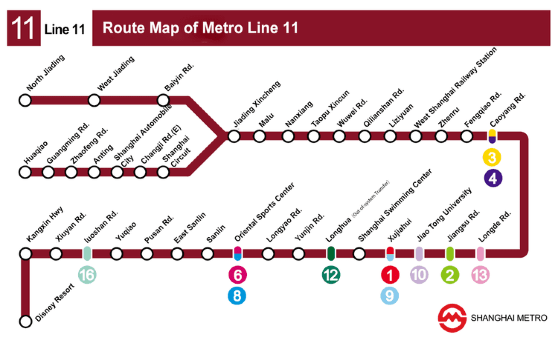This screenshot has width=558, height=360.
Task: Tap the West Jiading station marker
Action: pos(95,100)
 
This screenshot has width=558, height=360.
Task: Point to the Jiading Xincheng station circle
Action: pos(235,136)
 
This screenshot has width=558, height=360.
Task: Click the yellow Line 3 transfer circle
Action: pos(492,157)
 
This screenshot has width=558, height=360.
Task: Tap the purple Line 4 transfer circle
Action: pos(492,178)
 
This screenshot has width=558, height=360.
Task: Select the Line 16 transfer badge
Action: pos(88,275)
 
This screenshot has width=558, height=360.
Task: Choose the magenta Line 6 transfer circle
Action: pos(238,275)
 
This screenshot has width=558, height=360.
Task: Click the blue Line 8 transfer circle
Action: pos(238,295)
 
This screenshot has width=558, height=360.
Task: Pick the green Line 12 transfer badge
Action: pos(330,275)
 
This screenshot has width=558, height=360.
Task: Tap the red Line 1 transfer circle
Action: pos(390,275)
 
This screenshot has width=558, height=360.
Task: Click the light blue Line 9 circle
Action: pos(390,295)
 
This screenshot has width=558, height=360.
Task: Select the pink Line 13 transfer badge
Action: pos(481,275)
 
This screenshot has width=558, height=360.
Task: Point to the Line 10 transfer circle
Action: pos(419,275)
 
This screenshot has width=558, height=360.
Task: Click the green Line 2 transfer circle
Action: pos(450,275)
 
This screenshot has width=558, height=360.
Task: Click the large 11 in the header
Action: pos(21,29)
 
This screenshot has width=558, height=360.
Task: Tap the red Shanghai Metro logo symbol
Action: pos(452,319)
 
